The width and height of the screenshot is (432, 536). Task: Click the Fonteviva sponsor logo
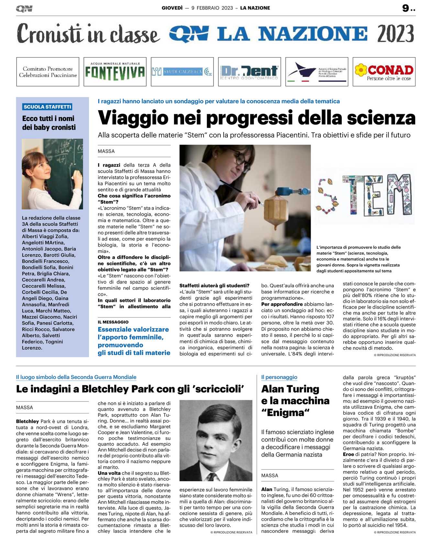tap(115, 71)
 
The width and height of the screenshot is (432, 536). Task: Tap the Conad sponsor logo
tap(384, 71)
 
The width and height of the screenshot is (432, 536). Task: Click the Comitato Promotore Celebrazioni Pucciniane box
tap(48, 71)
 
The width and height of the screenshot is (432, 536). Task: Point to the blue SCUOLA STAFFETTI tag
tap(47, 107)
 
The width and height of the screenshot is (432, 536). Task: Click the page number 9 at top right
tap(406, 8)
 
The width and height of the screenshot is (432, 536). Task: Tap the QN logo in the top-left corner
tap(24, 8)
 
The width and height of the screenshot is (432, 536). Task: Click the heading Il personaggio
tap(279, 377)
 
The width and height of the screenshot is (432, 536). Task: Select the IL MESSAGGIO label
tap(113, 322)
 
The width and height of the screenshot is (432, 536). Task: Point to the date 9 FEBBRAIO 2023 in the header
tap(212, 8)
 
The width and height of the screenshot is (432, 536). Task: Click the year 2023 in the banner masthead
tap(395, 34)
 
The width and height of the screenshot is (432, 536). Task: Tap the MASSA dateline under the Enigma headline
tap(270, 475)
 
